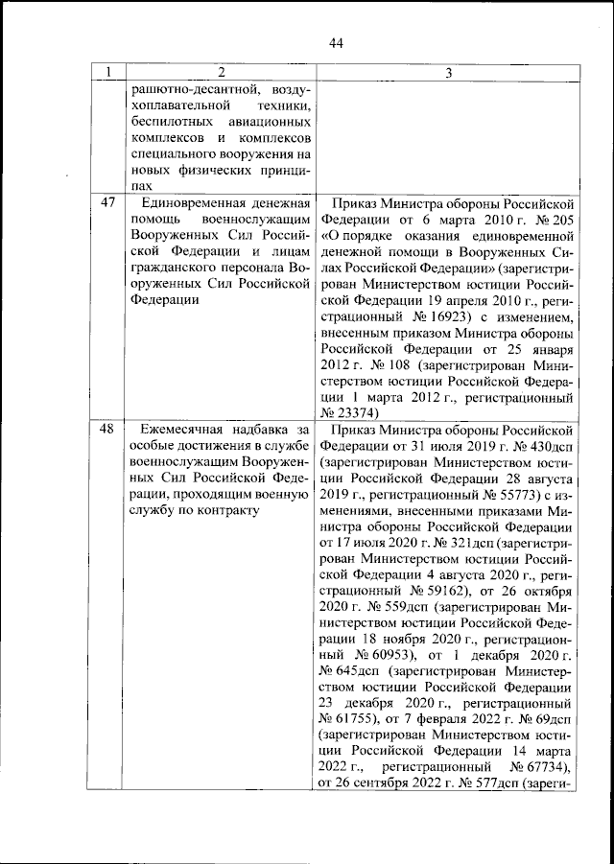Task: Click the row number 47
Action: pyautogui.click(x=108, y=204)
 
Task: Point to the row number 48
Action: pyautogui.click(x=108, y=429)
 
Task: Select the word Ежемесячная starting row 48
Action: pyautogui.click(x=184, y=429)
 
